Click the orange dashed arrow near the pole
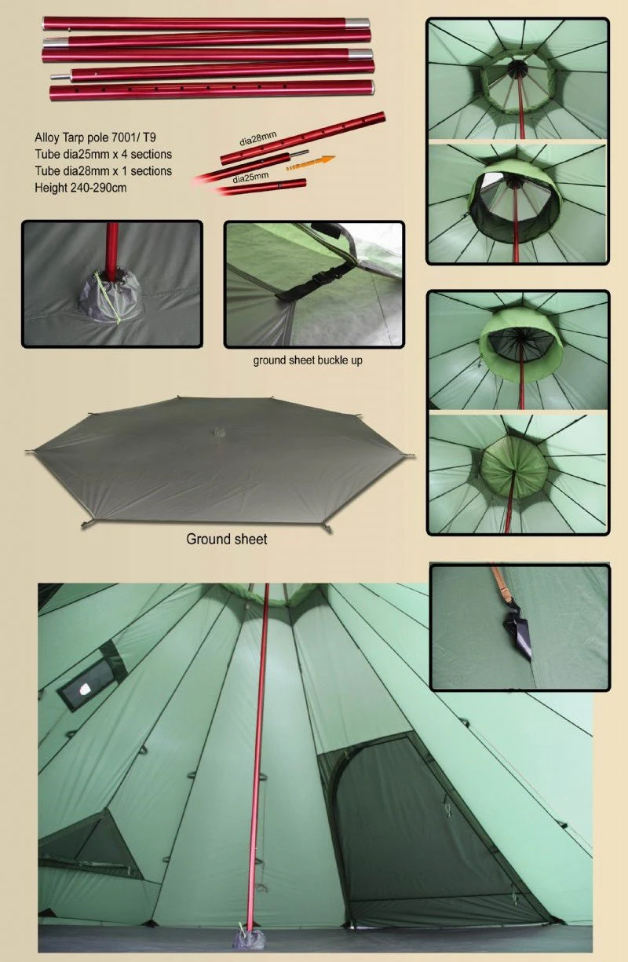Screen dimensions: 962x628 [309, 163]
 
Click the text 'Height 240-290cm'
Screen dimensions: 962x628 [80, 188]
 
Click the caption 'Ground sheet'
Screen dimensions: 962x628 [226, 540]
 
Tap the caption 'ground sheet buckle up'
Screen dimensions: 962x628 [308, 361]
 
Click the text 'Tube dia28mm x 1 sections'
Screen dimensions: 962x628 [103, 170]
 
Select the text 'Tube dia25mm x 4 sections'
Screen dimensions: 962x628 [103, 153]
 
